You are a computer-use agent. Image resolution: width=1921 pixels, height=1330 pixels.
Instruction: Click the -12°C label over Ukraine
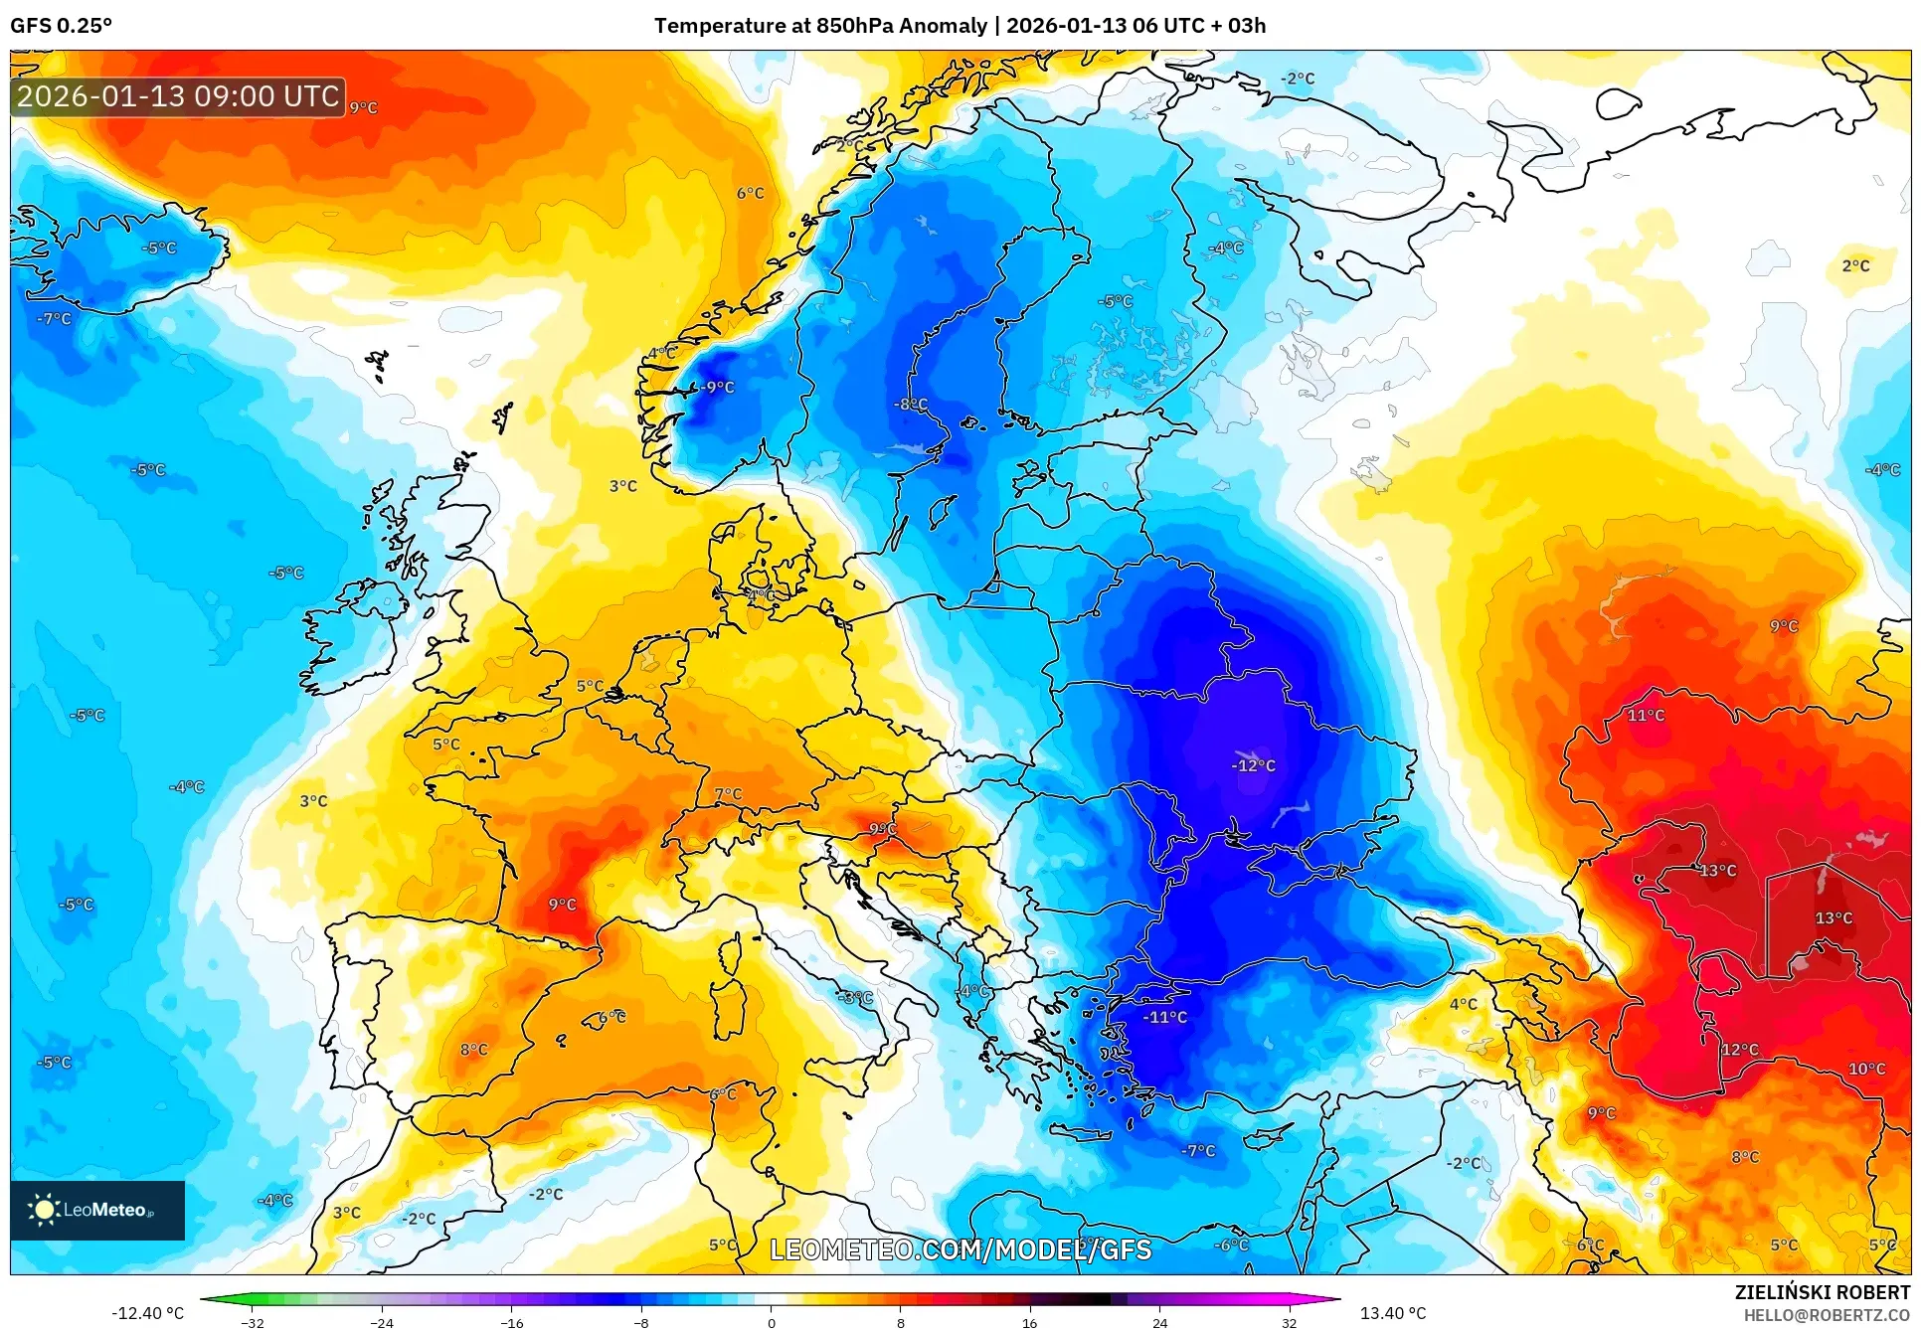1253,765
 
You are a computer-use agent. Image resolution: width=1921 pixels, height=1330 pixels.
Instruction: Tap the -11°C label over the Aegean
1164,1017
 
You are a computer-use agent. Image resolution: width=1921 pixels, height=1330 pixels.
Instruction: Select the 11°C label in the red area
1646,715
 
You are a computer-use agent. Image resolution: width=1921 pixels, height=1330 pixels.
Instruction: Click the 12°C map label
1740,1049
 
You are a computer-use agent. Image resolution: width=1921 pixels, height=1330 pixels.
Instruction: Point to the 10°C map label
1866,1069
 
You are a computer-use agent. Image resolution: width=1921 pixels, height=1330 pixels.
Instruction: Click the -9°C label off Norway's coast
715,387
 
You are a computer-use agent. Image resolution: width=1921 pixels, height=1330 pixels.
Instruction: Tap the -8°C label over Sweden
910,405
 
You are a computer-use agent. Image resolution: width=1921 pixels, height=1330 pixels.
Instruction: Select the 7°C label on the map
728,793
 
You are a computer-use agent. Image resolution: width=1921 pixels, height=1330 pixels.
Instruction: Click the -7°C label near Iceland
54,319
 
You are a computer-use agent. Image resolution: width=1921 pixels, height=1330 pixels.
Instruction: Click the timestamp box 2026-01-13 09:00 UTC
178,96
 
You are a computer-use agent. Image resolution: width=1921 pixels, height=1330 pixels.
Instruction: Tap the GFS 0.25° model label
61,26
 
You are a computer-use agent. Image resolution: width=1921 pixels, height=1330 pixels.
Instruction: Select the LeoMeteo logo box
97,1210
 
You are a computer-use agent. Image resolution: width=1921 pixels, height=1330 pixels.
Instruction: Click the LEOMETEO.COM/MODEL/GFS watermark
960,1249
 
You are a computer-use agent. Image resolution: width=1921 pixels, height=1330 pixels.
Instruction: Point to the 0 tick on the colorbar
771,1322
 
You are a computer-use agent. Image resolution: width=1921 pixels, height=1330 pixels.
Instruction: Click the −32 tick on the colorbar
253,1322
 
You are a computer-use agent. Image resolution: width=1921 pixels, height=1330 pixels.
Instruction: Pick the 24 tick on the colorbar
1159,1322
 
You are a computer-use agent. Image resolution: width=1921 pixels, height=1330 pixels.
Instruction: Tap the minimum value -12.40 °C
147,1313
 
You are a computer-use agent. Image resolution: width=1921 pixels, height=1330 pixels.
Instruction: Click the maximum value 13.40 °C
1392,1313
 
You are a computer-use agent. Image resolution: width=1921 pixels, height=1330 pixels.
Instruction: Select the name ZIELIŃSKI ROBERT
1822,1292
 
